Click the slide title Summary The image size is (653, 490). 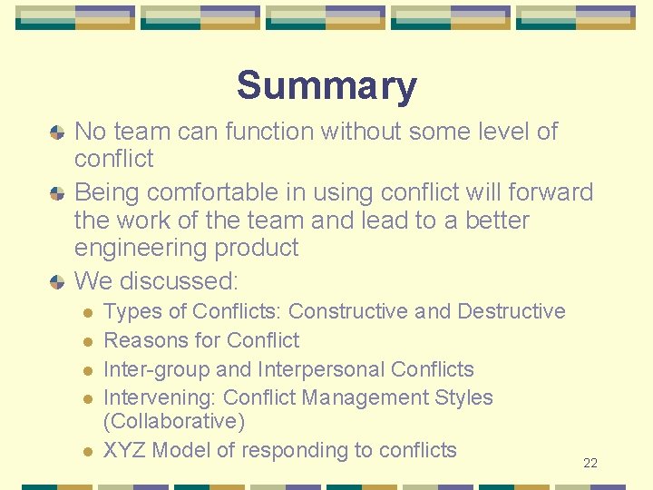pos(326,86)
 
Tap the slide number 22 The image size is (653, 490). pos(590,464)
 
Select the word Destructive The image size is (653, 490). pos(512,311)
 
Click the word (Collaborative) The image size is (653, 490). pos(174,422)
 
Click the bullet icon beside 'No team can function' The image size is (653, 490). pos(57,132)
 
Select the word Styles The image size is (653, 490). pos(463,397)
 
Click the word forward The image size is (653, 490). pos(541,192)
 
